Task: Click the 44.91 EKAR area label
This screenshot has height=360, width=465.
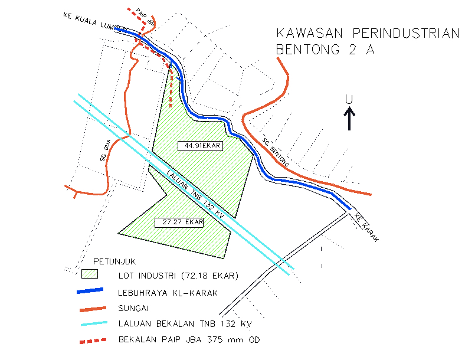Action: [x=199, y=145]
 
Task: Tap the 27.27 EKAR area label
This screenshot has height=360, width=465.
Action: [x=179, y=222]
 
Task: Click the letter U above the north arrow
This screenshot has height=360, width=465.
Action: [x=349, y=99]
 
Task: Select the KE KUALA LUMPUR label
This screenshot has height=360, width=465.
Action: [x=94, y=21]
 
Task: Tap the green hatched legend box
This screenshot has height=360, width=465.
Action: [x=90, y=274]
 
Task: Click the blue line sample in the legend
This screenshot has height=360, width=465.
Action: [x=90, y=291]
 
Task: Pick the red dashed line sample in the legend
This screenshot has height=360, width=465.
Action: [x=90, y=341]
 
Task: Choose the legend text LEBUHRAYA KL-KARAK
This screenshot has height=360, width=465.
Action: [x=168, y=292]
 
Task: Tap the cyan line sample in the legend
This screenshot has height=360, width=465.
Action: [x=90, y=323]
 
